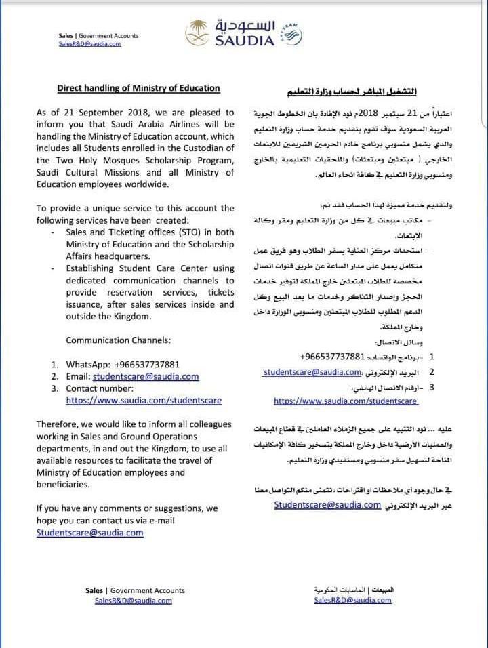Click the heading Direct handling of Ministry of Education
tap(138, 88)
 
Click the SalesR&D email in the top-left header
tap(89, 43)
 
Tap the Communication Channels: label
tap(119, 340)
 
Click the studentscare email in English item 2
tap(146, 376)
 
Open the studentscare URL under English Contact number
tap(144, 401)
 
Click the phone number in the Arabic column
tap(332, 357)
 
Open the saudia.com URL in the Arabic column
tap(346, 401)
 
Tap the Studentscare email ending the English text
tap(90, 533)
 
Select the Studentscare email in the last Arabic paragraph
tap(327, 505)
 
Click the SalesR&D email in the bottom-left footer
tap(133, 601)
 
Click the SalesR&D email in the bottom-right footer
tap(352, 601)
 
